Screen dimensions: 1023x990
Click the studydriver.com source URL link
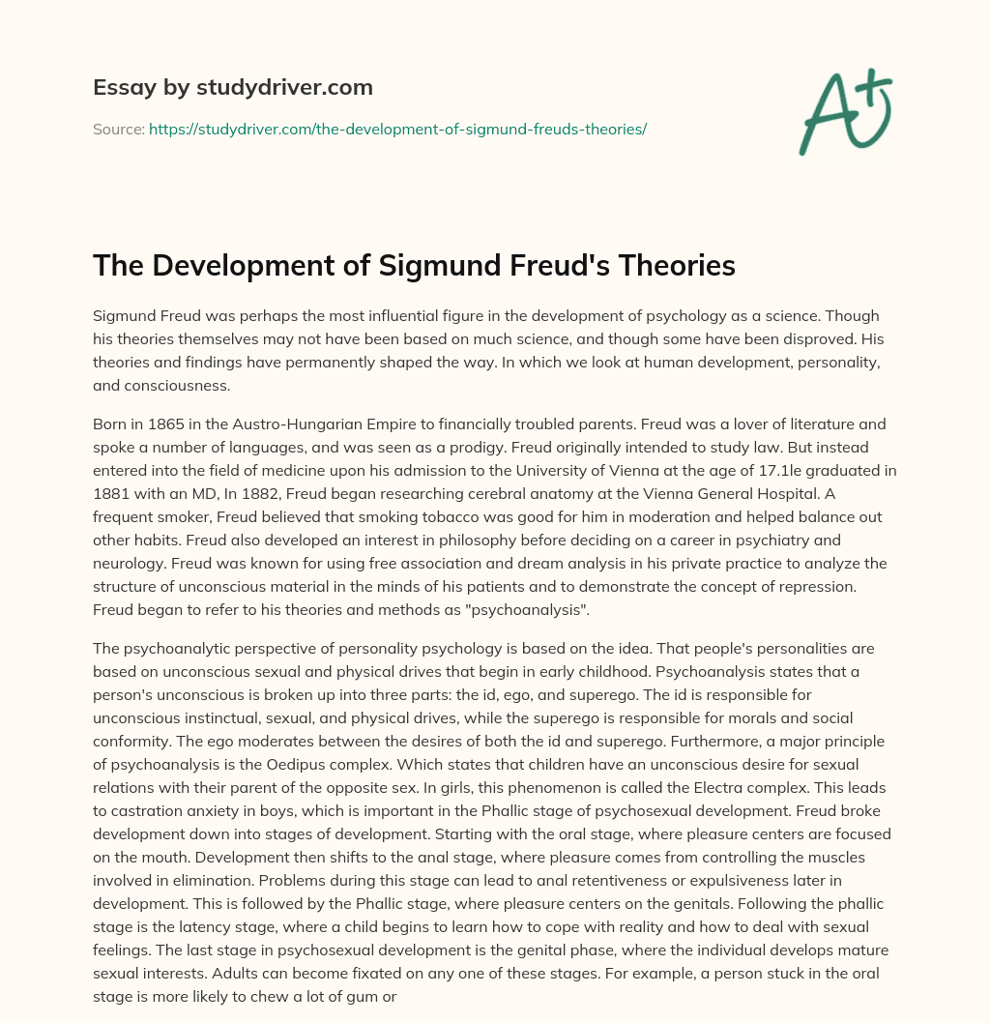coord(397,129)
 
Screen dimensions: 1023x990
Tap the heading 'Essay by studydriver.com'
coord(232,87)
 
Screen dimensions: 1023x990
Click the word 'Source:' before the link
coord(118,129)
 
